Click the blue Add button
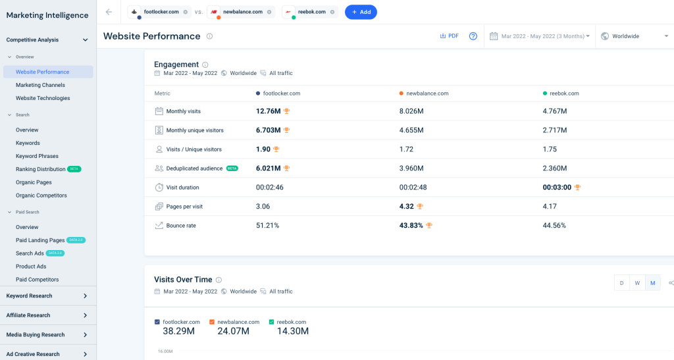point(361,12)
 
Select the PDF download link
point(449,36)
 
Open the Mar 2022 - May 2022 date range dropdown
point(540,36)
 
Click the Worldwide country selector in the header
point(635,36)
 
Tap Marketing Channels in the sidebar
point(40,85)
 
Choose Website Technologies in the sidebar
point(43,98)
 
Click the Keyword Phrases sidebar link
point(37,156)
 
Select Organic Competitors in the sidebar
point(41,195)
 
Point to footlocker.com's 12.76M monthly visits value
point(269,111)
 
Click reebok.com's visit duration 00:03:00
point(557,188)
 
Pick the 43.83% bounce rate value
point(411,226)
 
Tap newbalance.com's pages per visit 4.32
point(406,207)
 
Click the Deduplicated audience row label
point(194,168)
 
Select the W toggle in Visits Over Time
point(637,283)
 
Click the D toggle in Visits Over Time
point(621,283)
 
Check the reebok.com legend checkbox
point(271,322)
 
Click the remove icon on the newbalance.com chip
point(269,12)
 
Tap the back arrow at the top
point(109,12)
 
